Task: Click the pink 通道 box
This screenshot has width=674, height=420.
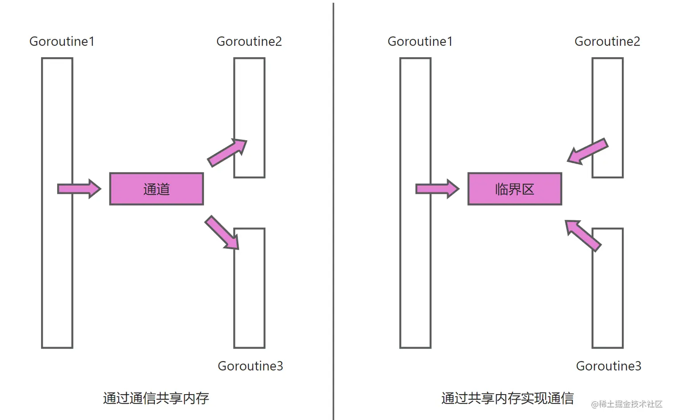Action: tap(156, 189)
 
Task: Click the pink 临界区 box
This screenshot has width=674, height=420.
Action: tap(514, 189)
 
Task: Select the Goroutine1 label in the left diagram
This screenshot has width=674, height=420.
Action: tap(62, 41)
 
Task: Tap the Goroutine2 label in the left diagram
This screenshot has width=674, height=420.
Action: tap(249, 41)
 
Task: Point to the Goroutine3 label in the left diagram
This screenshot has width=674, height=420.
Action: tap(250, 366)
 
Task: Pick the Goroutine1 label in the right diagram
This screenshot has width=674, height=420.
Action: tap(420, 41)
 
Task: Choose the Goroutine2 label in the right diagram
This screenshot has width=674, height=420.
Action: tap(607, 41)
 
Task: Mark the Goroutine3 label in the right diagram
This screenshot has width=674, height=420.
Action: tap(608, 366)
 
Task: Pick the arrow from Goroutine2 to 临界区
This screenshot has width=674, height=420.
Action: tap(588, 151)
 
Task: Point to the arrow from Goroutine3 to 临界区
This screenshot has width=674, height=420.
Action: tap(583, 235)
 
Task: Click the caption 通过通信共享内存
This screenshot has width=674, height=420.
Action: tap(156, 398)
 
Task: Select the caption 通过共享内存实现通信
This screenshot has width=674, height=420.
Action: tap(507, 398)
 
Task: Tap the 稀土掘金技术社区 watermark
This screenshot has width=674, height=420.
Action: tap(627, 404)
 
